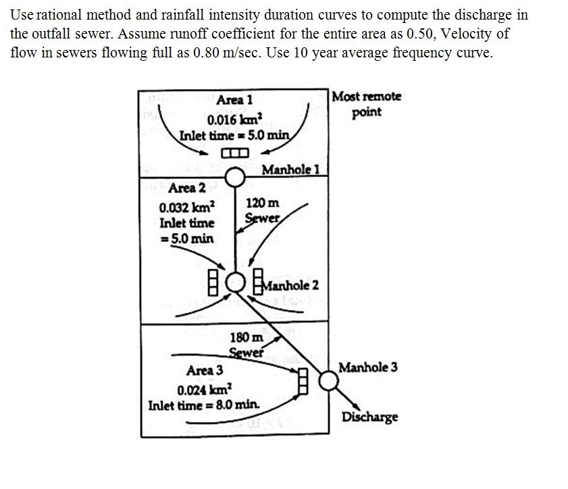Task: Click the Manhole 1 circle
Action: [x=234, y=178]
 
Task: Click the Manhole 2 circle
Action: [x=235, y=280]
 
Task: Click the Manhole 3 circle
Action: [x=328, y=381]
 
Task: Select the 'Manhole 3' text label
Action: [x=367, y=367]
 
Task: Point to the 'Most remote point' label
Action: [x=367, y=104]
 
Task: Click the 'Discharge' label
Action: [x=369, y=416]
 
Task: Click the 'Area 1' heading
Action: [x=234, y=99]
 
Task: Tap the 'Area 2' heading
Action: [x=187, y=187]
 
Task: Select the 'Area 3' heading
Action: [x=204, y=370]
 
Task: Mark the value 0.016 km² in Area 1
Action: [x=230, y=120]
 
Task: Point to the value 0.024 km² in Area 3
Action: [x=204, y=390]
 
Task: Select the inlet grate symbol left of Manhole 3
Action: [x=302, y=380]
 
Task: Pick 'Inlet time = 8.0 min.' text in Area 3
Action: [x=204, y=406]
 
